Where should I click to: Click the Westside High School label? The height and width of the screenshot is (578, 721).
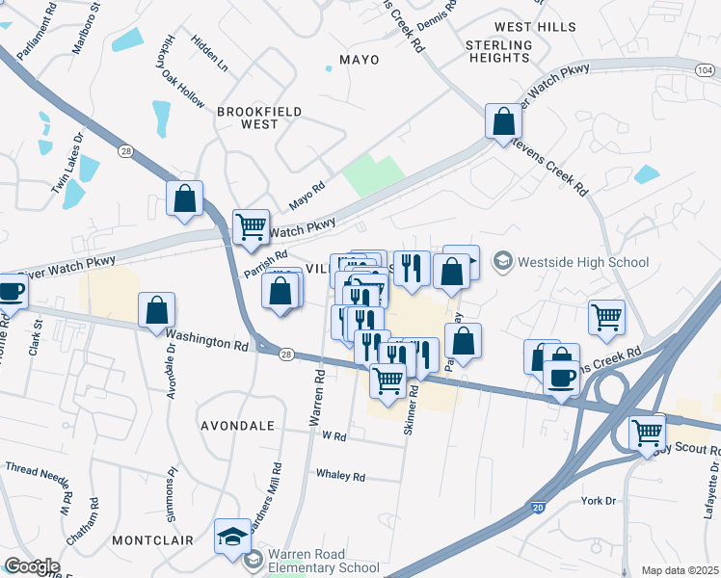click(583, 262)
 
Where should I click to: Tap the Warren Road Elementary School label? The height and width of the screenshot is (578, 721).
click(323, 561)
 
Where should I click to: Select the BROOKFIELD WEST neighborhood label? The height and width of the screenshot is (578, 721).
click(259, 118)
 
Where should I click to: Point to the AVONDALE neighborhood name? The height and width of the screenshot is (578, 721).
click(237, 425)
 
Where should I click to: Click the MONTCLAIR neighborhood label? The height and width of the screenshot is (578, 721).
click(152, 541)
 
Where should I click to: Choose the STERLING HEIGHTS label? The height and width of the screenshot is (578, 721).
click(498, 51)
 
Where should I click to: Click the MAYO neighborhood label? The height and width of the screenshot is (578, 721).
click(359, 60)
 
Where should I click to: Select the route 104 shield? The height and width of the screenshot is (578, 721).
click(706, 70)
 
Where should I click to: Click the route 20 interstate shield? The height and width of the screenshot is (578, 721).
click(538, 505)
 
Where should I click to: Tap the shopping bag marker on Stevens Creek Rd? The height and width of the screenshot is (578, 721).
click(503, 122)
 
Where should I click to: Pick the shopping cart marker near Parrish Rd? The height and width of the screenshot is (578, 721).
click(251, 227)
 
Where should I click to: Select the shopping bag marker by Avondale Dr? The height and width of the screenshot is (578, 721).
click(156, 311)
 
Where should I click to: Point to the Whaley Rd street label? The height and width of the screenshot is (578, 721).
click(341, 476)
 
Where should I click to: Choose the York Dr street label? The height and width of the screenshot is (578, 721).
click(599, 501)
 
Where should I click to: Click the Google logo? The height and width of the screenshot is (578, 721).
click(31, 566)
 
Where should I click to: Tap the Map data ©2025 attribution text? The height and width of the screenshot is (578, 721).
click(680, 570)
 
